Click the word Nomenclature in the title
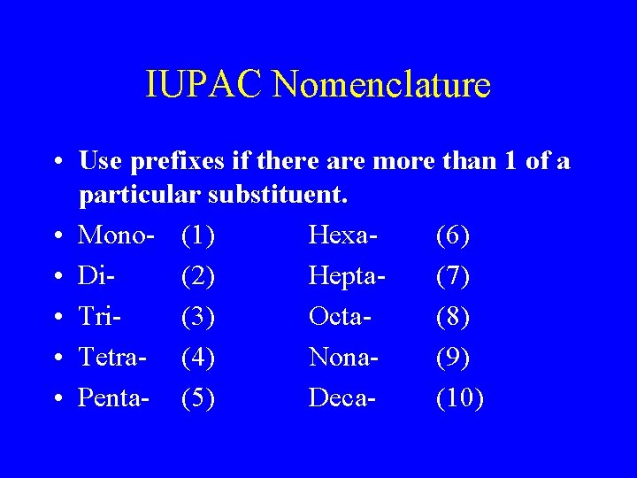pyautogui.click(x=381, y=86)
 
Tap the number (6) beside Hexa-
pyautogui.click(x=453, y=236)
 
